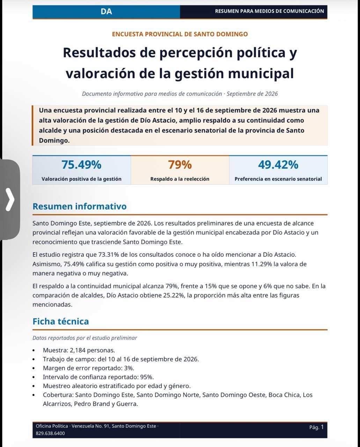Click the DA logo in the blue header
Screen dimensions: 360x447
(106, 12)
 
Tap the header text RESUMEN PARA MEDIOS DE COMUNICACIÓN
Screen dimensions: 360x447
(270, 11)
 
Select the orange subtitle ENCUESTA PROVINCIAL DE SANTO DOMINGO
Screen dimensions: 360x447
(180, 34)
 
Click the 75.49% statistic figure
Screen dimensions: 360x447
(81, 165)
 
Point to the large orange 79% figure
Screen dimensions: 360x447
(180, 165)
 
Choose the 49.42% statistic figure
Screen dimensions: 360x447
(278, 165)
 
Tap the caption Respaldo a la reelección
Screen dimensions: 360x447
(180, 179)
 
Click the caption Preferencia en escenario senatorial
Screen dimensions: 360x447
(278, 179)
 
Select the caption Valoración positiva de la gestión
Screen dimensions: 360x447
(81, 179)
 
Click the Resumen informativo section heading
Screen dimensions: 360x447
(80, 206)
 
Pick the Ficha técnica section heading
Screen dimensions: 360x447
(61, 321)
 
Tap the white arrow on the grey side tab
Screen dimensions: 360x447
(10, 200)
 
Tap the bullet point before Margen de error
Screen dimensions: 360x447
(34, 368)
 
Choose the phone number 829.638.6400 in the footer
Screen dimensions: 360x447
(50, 433)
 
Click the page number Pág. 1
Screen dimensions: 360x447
(316, 427)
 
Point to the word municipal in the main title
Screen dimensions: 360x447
(261, 73)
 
